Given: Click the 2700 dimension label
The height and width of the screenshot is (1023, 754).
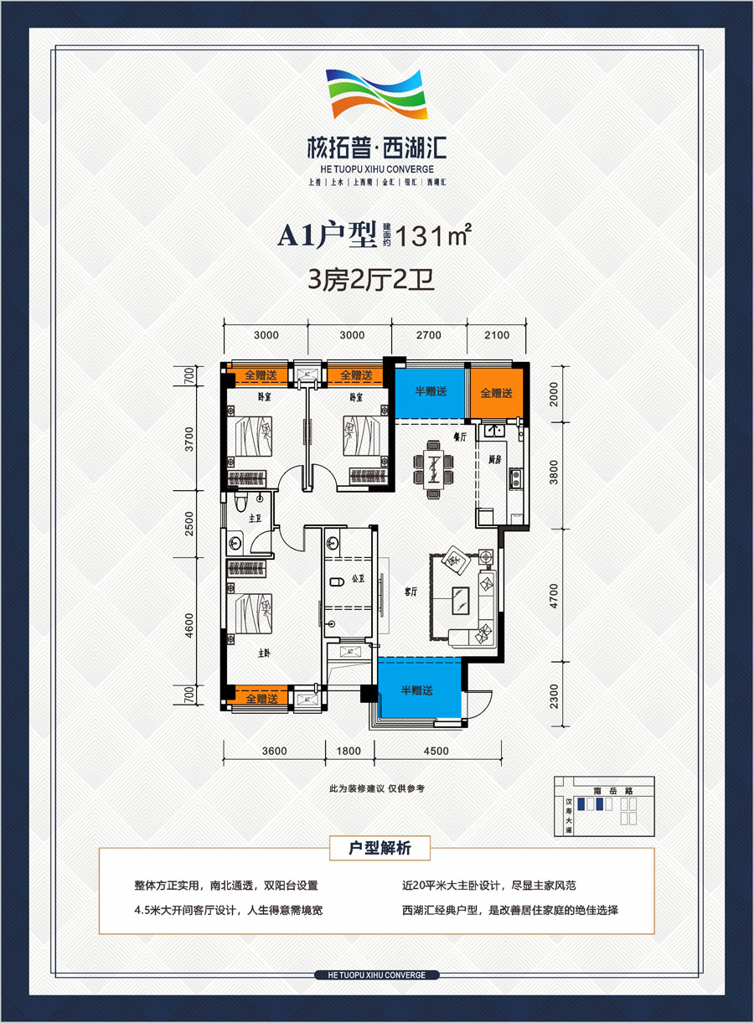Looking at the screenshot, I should click(428, 335).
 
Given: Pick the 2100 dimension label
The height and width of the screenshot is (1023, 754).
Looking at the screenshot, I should click(497, 335).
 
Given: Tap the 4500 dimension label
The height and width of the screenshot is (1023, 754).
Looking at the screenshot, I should click(436, 751).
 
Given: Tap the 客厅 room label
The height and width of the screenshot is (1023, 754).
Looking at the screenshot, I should click(411, 592).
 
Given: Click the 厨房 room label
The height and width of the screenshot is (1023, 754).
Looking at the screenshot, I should click(494, 459).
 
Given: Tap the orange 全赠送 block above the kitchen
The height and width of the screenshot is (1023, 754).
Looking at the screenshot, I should click(496, 392).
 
